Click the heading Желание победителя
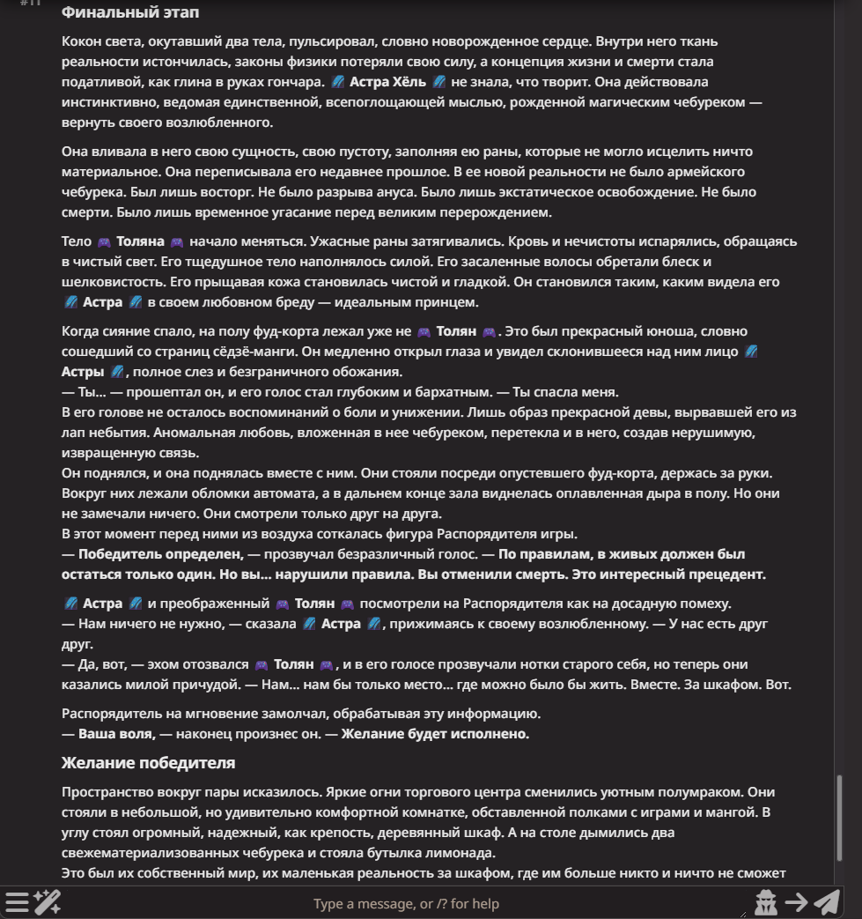click(x=148, y=762)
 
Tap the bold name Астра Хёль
click(x=387, y=82)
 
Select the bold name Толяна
click(x=140, y=241)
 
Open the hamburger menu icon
click(x=17, y=901)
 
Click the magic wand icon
click(x=46, y=901)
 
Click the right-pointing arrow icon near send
click(x=796, y=901)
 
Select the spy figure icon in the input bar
click(x=766, y=901)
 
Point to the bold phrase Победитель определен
click(x=160, y=554)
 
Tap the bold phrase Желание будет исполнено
click(x=435, y=733)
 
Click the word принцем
click(x=448, y=302)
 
